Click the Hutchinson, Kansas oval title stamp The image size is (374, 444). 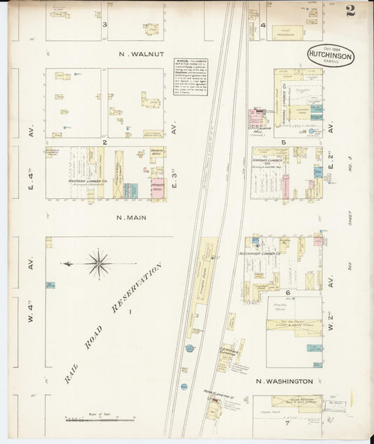330,55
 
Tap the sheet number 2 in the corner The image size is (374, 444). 350,11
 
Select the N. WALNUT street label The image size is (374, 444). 140,53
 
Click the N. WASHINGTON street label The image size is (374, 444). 283,381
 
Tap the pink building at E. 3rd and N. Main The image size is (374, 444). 158,189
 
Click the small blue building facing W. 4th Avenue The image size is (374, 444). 51,285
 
